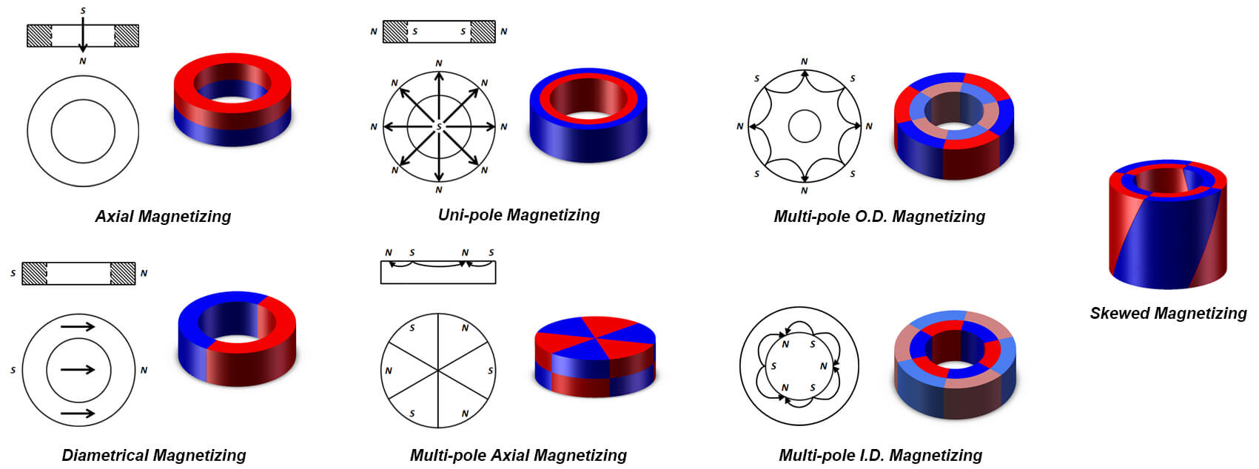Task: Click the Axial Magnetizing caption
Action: click(163, 216)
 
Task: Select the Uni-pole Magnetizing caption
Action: click(519, 215)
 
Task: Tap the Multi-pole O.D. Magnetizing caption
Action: click(879, 216)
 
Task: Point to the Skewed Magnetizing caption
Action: click(1168, 313)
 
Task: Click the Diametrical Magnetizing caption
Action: click(154, 455)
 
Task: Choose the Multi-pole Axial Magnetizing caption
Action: click(518, 455)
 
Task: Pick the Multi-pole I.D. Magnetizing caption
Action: click(880, 455)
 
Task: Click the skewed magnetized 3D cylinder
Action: click(1167, 226)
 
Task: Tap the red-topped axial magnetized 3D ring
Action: click(232, 100)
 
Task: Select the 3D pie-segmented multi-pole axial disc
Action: click(594, 357)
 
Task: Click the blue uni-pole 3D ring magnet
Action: click(588, 115)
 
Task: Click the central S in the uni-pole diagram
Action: click(439, 127)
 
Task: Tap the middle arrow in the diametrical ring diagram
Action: click(78, 369)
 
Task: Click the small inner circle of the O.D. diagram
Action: click(805, 126)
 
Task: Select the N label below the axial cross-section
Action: click(83, 61)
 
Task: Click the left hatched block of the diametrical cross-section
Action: click(35, 273)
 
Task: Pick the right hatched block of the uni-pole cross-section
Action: click(483, 32)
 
